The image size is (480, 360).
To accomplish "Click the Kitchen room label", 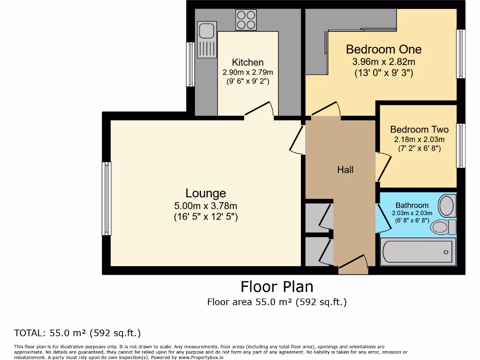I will coord(247,62).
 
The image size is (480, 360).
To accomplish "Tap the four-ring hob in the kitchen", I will coord(246,20).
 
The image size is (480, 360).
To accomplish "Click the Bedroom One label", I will coord(383,49).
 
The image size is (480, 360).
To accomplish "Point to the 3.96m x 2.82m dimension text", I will coord(383,61).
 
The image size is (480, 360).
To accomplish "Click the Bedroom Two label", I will coord(419,129).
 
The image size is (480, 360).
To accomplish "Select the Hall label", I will coord(345,170).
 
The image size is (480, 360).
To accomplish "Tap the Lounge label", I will coord(206,193).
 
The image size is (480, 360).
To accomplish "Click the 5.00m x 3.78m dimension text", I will coord(206,206).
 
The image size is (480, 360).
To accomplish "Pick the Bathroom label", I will coord(412,205).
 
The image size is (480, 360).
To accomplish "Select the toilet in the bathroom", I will coord(443,227).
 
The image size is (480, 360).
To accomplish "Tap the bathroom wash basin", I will coord(446,205).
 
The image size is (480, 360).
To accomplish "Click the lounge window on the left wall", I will coord(107,199).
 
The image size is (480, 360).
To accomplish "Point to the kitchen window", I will coord(190,64).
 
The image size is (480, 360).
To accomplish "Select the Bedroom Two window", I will coord(461,146).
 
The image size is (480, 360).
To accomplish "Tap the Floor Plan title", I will coord(277,286).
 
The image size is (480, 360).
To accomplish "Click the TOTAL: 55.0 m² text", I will coord(77,333).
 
